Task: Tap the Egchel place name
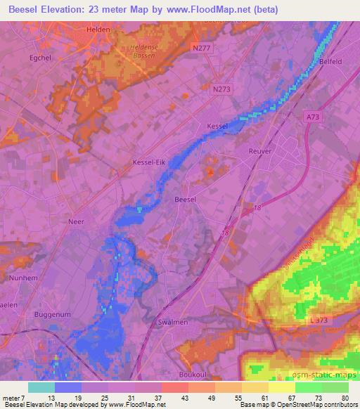(x=42, y=58)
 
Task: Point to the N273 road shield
(x=222, y=89)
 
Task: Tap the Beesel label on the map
(x=185, y=200)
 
